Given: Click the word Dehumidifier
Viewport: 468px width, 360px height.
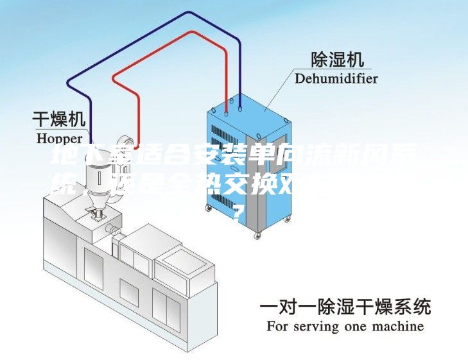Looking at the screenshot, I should tap(336, 79).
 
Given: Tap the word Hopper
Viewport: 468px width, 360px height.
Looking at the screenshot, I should tap(59, 137).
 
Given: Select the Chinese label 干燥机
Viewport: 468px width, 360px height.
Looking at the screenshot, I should tap(59, 119).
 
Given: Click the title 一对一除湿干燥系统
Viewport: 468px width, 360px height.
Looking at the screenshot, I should tap(345, 307).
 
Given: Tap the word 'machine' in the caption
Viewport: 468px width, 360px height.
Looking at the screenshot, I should tap(396, 327).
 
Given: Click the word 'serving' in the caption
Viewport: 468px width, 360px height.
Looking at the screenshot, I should tap(315, 327).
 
